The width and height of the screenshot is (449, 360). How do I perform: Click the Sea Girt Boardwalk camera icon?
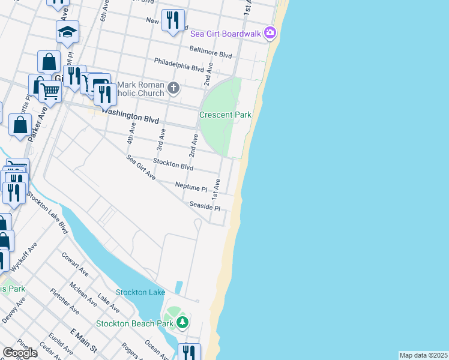pyautogui.click(x=271, y=33)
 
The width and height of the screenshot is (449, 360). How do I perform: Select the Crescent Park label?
pyautogui.click(x=225, y=115)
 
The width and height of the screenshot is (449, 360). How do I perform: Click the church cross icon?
pyautogui.click(x=173, y=89)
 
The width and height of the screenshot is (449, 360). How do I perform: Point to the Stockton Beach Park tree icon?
pyautogui.click(x=183, y=323)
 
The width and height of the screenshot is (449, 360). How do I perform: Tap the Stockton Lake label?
pyautogui.click(x=140, y=292)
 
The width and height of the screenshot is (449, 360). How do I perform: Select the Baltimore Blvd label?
pyautogui.click(x=211, y=53)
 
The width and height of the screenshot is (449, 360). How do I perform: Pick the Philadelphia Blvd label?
pyautogui.click(x=179, y=64)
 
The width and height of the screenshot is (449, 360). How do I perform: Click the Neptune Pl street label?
pyautogui.click(x=191, y=186)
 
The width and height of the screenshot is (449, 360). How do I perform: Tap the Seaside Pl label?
pyautogui.click(x=205, y=206)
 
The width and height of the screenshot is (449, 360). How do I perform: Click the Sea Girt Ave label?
pyautogui.click(x=141, y=168)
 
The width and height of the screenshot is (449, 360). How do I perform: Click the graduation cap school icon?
pyautogui.click(x=67, y=31)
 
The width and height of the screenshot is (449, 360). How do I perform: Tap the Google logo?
pyautogui.click(x=19, y=353)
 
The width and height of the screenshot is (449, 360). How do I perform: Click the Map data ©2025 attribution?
pyautogui.click(x=424, y=355)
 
